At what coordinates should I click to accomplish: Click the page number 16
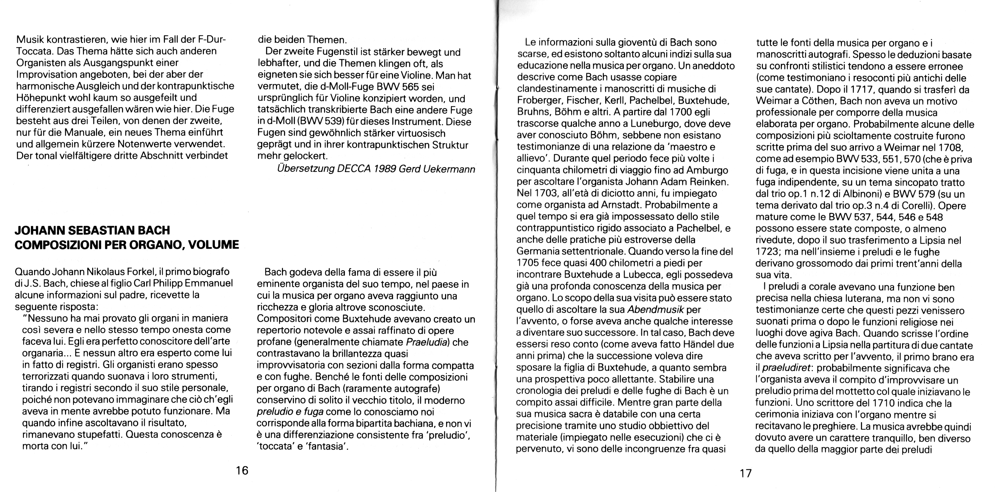(x=242, y=470)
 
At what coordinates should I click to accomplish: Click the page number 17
(x=745, y=473)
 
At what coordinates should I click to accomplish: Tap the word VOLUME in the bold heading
(x=214, y=245)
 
